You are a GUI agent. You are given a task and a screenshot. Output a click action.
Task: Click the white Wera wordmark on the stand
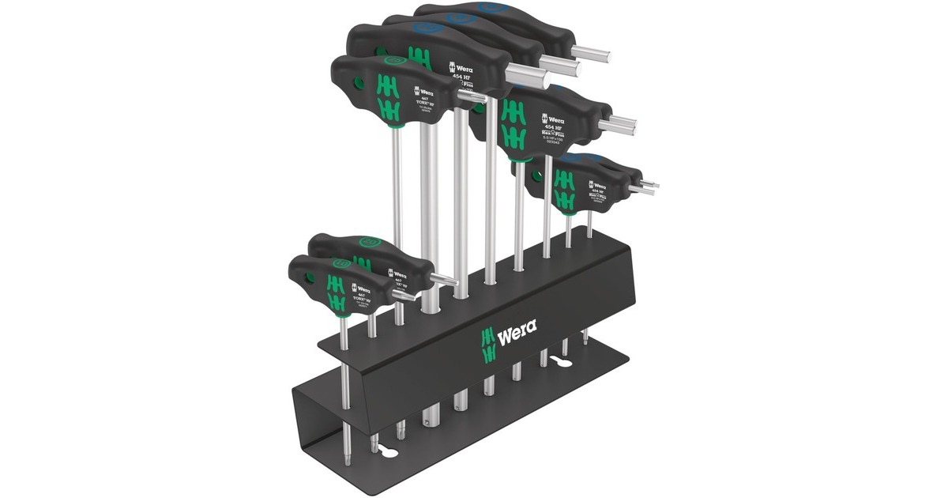tap(517, 326)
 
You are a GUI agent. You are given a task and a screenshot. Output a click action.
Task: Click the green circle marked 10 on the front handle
tap(340, 262)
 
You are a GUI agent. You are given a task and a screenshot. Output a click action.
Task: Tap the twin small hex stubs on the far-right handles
tap(648, 186)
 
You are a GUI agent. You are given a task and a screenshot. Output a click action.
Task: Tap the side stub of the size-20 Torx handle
tap(443, 278)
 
